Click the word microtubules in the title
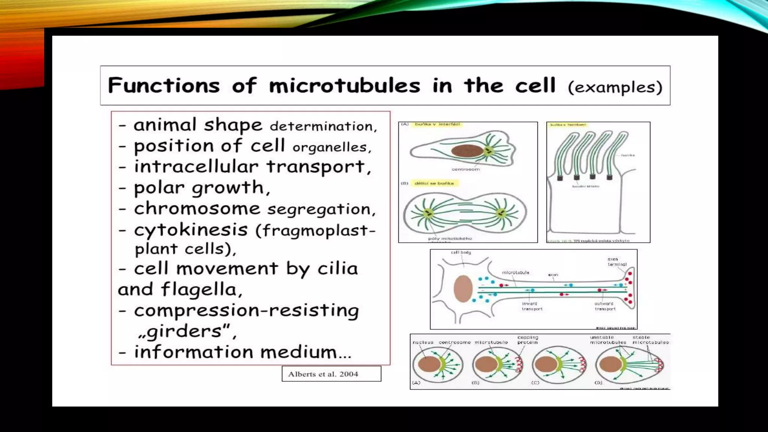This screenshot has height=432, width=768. tap(344, 85)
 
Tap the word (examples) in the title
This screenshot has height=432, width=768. tap(615, 87)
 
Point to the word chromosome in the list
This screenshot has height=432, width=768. tap(197, 208)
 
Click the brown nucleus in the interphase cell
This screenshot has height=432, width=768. tap(467, 151)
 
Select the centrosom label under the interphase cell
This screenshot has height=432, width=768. tap(465, 169)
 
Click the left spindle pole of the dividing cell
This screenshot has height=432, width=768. tap(427, 214)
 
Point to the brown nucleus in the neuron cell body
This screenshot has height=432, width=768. tap(463, 289)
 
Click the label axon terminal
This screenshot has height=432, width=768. tap(616, 262)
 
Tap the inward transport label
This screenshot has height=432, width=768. tap(532, 306)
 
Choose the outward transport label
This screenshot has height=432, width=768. tap(604, 306)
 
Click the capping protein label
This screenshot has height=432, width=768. tap(528, 340)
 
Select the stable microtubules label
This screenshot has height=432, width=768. tap(650, 340)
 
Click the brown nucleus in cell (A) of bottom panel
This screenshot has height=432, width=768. tap(429, 364)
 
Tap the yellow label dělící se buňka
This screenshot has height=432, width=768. tap(434, 183)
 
